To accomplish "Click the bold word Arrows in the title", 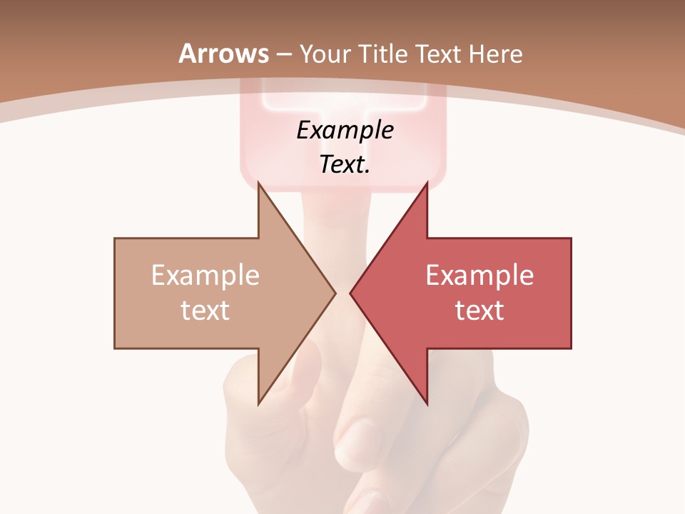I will pyautogui.click(x=224, y=54).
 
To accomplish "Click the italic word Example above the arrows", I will pyautogui.click(x=345, y=131).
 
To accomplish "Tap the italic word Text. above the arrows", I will pyautogui.click(x=345, y=165).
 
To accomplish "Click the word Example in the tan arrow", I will pyautogui.click(x=205, y=276).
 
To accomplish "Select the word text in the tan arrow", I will pyautogui.click(x=205, y=311).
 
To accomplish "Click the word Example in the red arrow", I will pyautogui.click(x=479, y=276).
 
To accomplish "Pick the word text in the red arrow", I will pyautogui.click(x=479, y=311).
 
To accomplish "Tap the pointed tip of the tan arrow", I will pyautogui.click(x=335, y=293).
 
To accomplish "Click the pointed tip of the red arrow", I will pyautogui.click(x=350, y=293).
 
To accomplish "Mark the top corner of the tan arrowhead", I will pyautogui.click(x=258, y=183).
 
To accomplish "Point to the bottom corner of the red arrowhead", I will pyautogui.click(x=427, y=403).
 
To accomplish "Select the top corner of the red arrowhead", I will pyautogui.click(x=427, y=183).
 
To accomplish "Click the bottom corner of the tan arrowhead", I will pyautogui.click(x=258, y=403).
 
